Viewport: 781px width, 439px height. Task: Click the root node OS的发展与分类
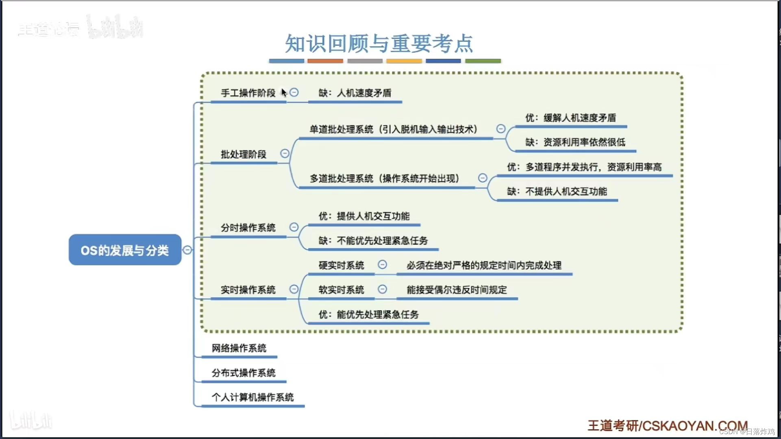[x=125, y=250]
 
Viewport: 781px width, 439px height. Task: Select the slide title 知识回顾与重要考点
[x=379, y=43]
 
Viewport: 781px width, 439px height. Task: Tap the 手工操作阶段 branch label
[x=248, y=93]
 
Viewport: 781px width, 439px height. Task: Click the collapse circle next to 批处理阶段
[x=285, y=154]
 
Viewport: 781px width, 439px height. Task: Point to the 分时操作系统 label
[x=248, y=228]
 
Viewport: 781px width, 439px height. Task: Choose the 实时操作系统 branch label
[x=248, y=290]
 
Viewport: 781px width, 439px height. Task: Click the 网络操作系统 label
[x=239, y=348]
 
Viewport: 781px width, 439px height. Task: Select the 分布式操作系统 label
[x=244, y=373]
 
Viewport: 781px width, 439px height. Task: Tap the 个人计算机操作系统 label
[x=252, y=397]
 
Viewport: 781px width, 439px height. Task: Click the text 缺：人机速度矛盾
[x=355, y=93]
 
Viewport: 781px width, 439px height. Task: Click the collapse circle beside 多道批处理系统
[x=483, y=178]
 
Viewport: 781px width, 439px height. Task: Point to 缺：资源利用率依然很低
[x=575, y=142]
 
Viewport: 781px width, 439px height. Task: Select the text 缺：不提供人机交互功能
[x=557, y=191]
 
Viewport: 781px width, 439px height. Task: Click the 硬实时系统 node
[x=341, y=265]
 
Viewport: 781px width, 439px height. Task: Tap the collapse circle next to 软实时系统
[x=383, y=289]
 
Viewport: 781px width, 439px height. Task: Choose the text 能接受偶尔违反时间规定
[x=457, y=290]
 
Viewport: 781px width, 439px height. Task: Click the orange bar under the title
[x=325, y=61]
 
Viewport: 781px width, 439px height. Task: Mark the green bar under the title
[x=483, y=61]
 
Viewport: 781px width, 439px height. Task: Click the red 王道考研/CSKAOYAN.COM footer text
[x=667, y=426]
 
